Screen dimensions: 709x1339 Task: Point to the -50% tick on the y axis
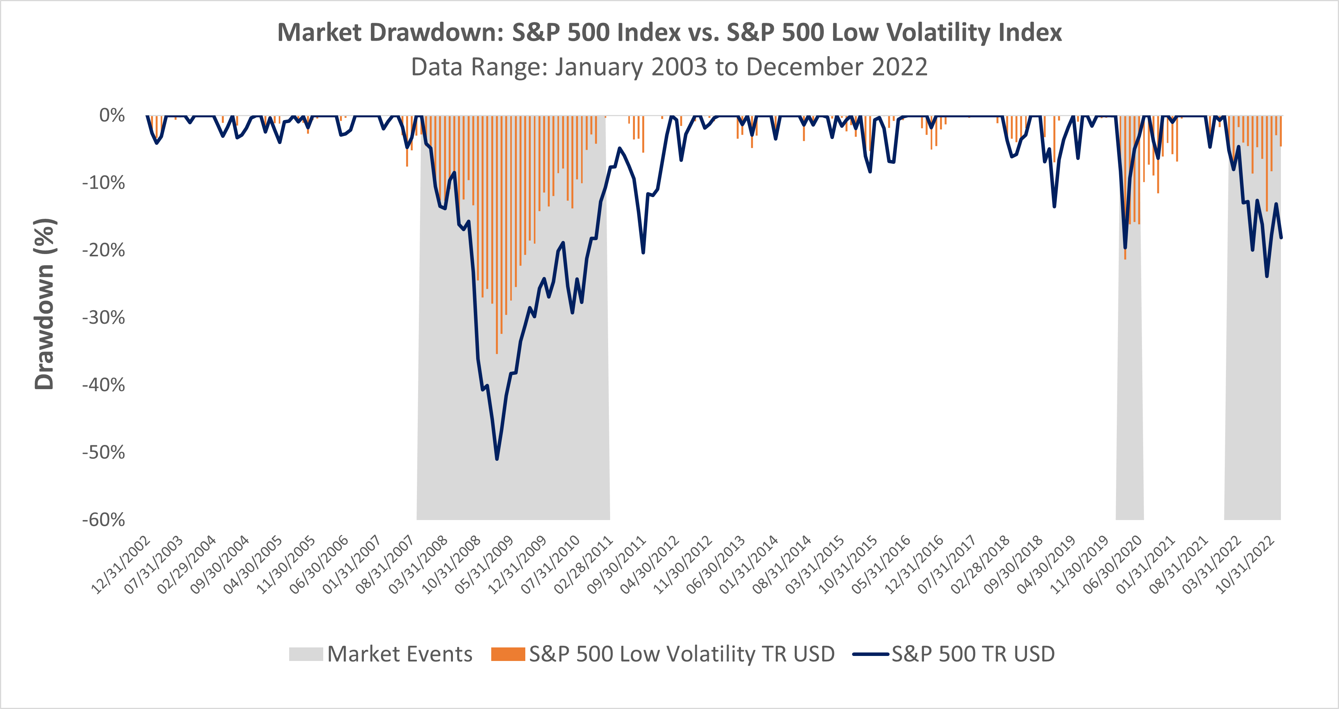point(103,452)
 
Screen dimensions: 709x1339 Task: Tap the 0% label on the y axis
point(112,115)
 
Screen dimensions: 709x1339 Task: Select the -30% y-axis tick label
point(103,318)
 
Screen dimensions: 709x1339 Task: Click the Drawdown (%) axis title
point(44,304)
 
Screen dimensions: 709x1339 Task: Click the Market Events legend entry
point(381,654)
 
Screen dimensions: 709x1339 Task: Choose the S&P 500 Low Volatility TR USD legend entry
point(663,654)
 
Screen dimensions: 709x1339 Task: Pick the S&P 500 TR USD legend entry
point(954,654)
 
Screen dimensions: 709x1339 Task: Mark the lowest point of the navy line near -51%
point(497,459)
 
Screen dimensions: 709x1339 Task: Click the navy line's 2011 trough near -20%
point(643,252)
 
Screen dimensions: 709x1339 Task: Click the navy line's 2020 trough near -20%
point(1125,248)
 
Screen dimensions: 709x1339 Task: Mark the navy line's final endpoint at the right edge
point(1281,237)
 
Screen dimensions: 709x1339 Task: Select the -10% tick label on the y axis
point(103,183)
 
